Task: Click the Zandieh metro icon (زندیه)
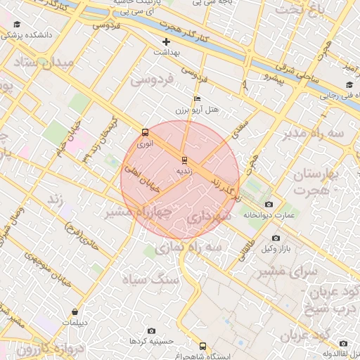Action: [x=184, y=160]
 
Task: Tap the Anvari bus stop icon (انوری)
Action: [x=145, y=132]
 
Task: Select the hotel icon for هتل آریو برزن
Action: [x=197, y=98]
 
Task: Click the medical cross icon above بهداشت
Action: [x=166, y=41]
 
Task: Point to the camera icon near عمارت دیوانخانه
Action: [x=269, y=204]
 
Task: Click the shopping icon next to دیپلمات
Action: [x=75, y=311]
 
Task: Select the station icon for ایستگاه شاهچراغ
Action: [x=203, y=346]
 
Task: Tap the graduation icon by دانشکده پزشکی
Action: [x=17, y=25]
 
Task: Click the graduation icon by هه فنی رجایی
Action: [x=349, y=86]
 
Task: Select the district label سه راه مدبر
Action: [x=314, y=133]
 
